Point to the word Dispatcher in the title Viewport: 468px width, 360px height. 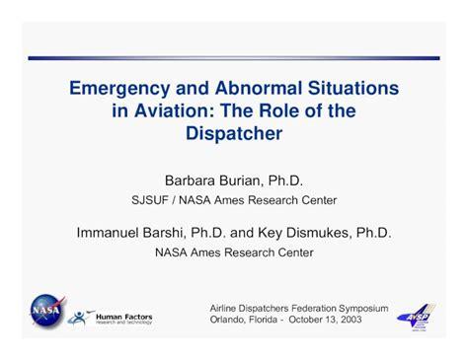point(234,132)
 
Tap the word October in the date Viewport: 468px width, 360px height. point(310,321)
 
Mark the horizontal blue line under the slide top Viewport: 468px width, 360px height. point(234,57)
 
